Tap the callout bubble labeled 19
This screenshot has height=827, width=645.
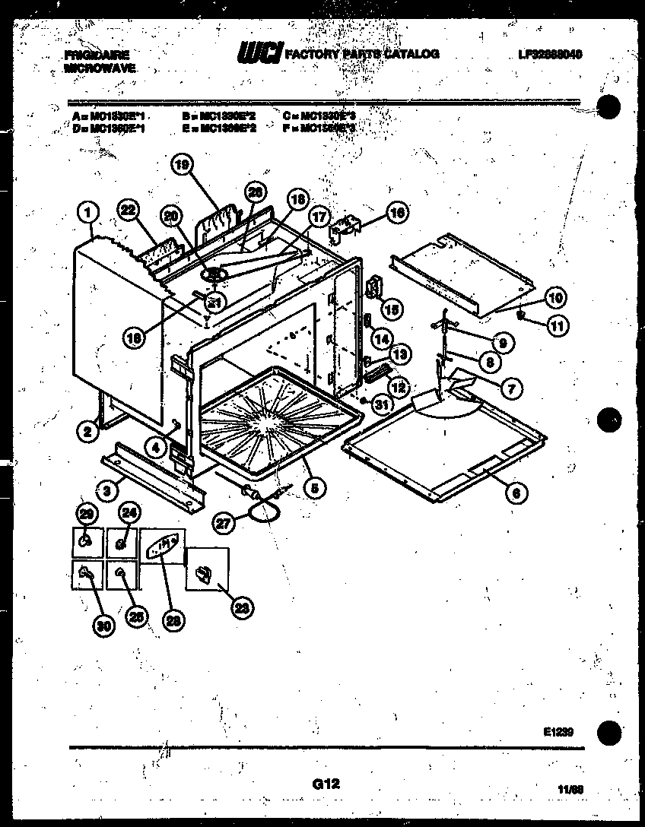[x=182, y=165]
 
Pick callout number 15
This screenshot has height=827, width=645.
[x=392, y=309]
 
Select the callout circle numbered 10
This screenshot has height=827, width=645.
[x=554, y=297]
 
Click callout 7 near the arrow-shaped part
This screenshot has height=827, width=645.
[x=513, y=388]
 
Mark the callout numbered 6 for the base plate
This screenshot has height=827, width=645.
[x=516, y=493]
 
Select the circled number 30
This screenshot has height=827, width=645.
[x=103, y=626]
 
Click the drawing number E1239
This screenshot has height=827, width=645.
[x=558, y=732]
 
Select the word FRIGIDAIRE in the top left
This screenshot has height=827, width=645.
[x=97, y=55]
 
